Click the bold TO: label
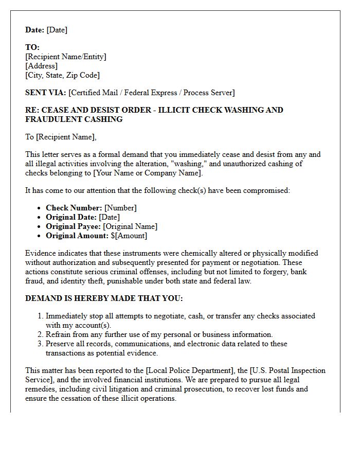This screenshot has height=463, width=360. click(x=32, y=47)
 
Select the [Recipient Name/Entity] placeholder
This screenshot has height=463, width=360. click(x=66, y=57)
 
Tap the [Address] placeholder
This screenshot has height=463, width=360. click(x=41, y=66)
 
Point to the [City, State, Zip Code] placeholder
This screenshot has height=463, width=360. click(x=62, y=75)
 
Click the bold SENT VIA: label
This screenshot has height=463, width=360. click(x=46, y=93)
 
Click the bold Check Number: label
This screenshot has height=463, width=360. click(x=74, y=208)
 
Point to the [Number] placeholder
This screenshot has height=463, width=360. click(x=120, y=208)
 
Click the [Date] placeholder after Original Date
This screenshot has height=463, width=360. click(x=109, y=217)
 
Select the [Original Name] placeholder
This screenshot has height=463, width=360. click(x=130, y=226)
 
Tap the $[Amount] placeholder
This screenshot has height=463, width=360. click(x=129, y=236)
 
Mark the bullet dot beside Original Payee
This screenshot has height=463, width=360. click(x=40, y=226)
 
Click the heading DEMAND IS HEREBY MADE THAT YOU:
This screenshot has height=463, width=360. click(x=104, y=298)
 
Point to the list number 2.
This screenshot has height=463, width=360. click(x=40, y=334)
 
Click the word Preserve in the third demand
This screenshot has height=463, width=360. click(x=60, y=344)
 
